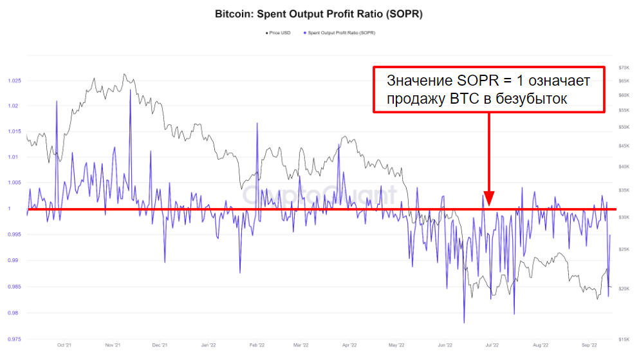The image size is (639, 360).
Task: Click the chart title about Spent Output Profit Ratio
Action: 319,13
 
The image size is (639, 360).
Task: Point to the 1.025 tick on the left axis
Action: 14,81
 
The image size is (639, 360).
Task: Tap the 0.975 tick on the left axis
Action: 14,339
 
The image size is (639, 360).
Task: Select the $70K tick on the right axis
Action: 623,68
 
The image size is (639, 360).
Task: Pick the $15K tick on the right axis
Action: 623,339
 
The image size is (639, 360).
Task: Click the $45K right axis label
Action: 623,146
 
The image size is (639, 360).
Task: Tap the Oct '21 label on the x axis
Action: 64,346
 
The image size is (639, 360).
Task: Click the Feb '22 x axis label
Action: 257,346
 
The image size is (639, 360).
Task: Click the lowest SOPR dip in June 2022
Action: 464,322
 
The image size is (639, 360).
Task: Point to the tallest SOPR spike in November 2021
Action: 130,90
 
